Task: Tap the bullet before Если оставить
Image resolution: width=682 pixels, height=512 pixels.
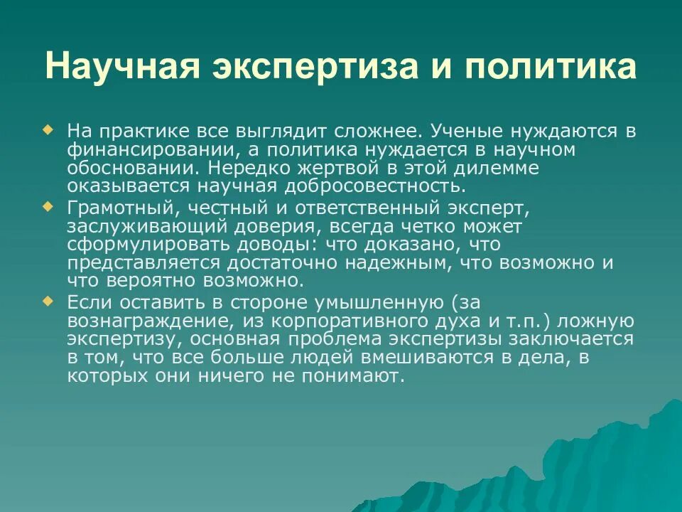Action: pyautogui.click(x=48, y=301)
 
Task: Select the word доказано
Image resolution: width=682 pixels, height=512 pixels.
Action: pyautogui.click(x=383, y=245)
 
